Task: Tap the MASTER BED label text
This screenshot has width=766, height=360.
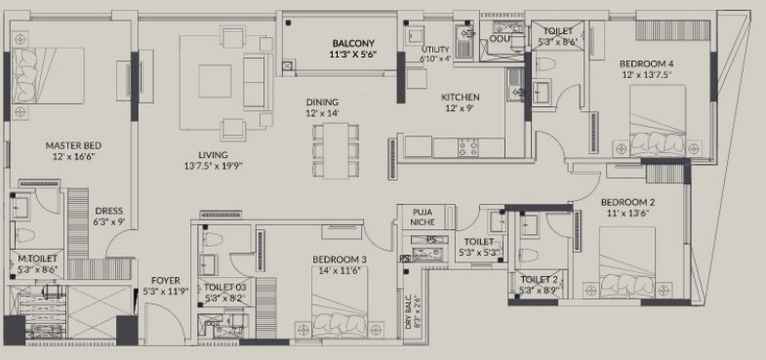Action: (x=73, y=145)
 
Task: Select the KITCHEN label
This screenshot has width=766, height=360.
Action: (x=460, y=98)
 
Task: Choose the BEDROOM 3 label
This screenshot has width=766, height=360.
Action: (x=339, y=259)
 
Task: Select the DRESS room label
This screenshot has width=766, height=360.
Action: (x=108, y=210)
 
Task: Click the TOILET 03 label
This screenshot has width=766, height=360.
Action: (x=224, y=287)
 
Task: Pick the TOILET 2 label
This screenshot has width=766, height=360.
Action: (x=539, y=279)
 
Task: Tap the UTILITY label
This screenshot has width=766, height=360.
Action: (x=435, y=50)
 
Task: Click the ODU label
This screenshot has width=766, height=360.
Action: (x=499, y=38)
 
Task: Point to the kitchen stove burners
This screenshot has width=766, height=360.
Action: (x=467, y=147)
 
